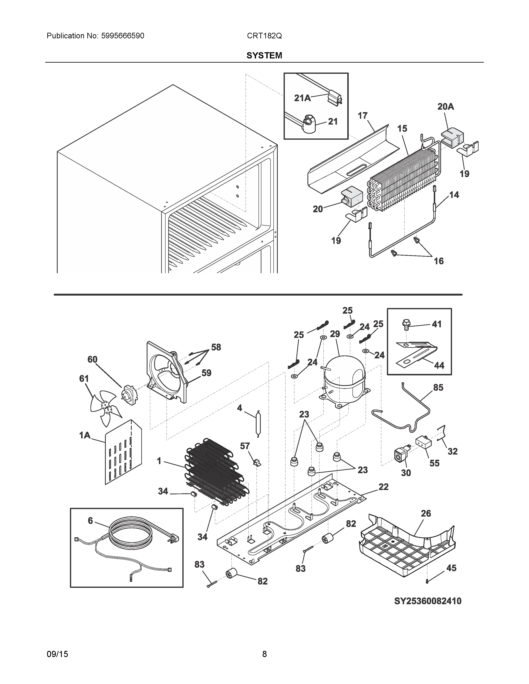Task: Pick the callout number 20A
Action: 446,107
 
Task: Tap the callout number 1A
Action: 85,435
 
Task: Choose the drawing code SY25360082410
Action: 428,601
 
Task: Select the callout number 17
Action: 363,116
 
